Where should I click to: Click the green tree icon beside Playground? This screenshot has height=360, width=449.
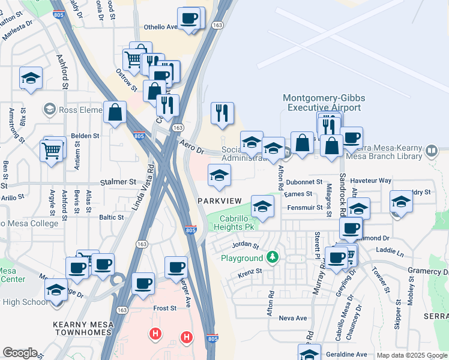click(273, 257)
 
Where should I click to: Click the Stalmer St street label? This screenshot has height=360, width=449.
click(118, 181)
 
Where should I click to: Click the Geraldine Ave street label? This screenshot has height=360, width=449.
click(346, 354)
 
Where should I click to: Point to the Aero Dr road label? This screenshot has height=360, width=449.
click(192, 146)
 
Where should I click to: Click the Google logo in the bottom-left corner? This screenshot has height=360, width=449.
click(20, 353)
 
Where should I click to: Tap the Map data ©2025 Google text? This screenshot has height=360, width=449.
click(411, 356)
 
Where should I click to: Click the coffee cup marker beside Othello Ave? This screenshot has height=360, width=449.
click(190, 18)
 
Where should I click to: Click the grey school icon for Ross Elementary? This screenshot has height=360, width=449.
click(49, 109)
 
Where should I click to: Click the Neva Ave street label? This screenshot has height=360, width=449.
click(293, 318)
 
